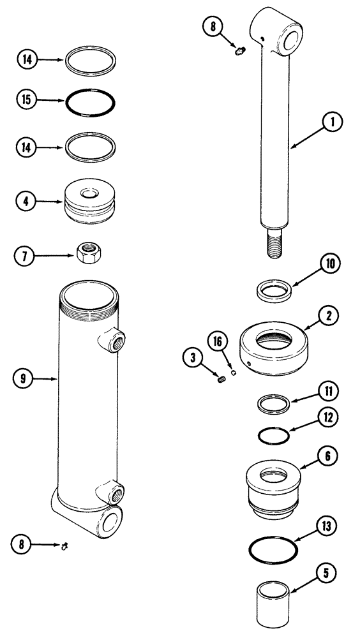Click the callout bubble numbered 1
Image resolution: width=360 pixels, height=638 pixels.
(333, 122)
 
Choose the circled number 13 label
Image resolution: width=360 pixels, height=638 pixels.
(330, 526)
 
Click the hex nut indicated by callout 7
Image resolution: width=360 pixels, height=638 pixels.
(86, 253)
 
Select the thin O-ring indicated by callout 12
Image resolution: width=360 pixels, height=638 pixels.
(274, 436)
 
